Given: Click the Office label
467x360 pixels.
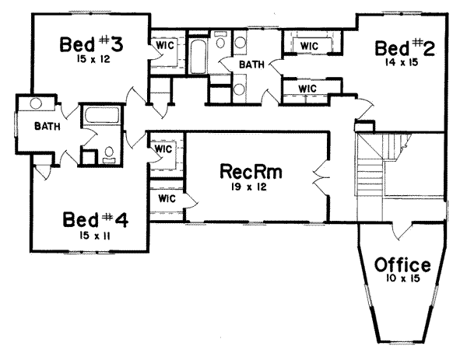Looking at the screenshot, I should pos(402,265).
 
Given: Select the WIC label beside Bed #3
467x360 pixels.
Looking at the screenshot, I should pos(163,44).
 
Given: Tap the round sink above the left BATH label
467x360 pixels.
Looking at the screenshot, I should pos(35,103).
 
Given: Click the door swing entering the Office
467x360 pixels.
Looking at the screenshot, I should pos(403,230).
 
